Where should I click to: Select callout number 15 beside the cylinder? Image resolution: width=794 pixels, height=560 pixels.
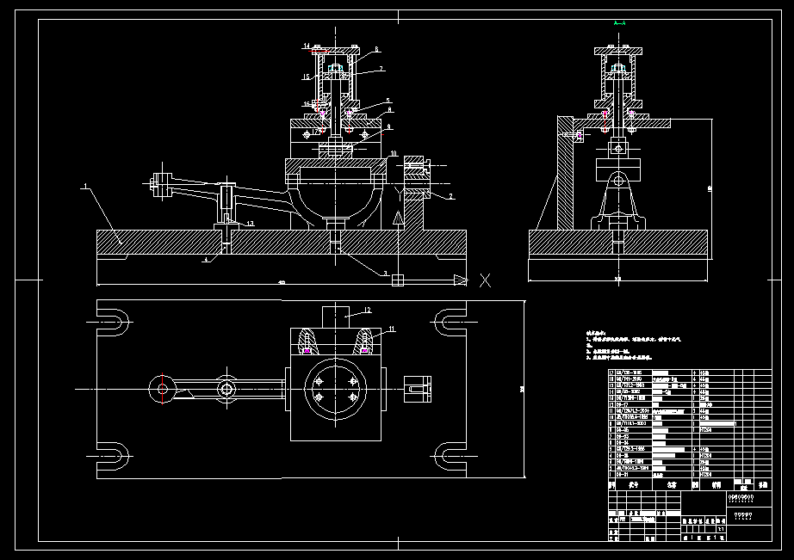306,77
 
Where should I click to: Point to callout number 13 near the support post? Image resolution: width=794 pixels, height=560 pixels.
249,223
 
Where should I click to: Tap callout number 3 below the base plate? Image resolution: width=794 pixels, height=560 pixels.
386,274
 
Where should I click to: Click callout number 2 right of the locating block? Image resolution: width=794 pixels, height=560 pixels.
450,197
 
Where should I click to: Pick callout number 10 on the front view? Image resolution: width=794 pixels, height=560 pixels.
393,154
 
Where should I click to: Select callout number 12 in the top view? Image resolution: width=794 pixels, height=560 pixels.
366,310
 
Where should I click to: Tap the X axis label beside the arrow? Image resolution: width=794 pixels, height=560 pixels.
485,279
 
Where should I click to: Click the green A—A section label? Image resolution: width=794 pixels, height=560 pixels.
619,23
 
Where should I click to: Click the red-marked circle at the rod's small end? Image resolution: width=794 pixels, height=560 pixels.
162,389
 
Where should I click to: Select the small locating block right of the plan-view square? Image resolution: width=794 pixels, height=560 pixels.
417,388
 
